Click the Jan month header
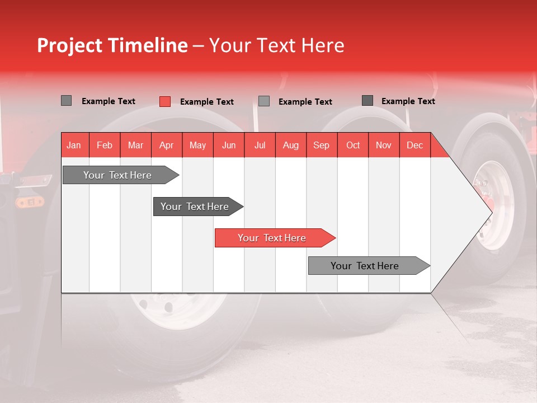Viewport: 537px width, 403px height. click(74, 145)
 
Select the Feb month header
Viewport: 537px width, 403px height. click(105, 145)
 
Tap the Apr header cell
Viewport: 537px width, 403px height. click(167, 145)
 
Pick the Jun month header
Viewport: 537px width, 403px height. click(229, 145)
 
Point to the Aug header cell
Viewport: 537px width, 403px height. click(291, 145)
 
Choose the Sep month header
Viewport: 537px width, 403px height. click(322, 145)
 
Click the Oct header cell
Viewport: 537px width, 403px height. click(353, 145)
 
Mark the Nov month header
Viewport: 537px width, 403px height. click(384, 145)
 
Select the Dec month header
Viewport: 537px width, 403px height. click(415, 145)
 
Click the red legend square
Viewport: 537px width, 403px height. click(164, 101)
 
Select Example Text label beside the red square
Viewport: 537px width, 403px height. click(207, 102)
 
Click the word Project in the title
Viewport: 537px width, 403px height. click(69, 45)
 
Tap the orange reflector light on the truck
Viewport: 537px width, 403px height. click(25, 202)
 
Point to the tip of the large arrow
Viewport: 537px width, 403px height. click(491, 212)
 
